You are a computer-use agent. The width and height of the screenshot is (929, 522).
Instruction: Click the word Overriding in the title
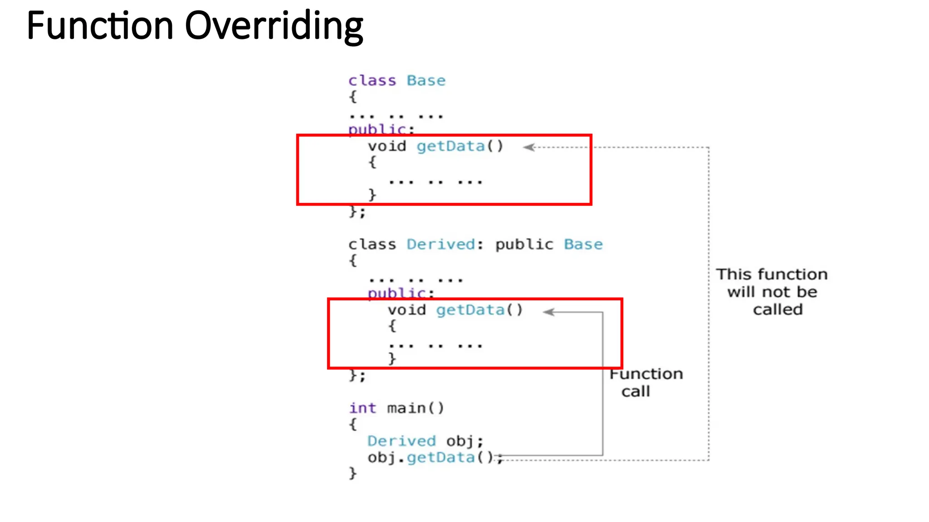[x=274, y=26]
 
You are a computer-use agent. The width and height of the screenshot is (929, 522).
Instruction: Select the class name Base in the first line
[x=426, y=81]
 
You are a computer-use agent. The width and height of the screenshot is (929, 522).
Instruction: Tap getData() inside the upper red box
[x=460, y=146]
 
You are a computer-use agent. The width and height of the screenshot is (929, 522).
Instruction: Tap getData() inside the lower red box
[x=479, y=310]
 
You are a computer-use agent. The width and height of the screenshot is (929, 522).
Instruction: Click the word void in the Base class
[x=387, y=146]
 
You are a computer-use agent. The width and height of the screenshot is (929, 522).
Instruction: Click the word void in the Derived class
[x=406, y=310]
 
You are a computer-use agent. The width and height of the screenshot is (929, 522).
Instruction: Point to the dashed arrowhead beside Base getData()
[x=529, y=147]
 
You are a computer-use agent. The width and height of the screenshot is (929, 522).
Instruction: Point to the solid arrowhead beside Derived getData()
[x=549, y=312]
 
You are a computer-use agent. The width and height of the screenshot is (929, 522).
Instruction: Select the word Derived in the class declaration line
[x=441, y=245]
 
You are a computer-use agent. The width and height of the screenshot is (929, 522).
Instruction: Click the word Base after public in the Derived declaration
[x=583, y=245]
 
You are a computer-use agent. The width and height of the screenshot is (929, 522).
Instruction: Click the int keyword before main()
[x=362, y=408]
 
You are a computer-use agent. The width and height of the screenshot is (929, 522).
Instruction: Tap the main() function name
[x=415, y=408]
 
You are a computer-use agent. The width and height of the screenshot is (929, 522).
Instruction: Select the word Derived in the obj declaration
[x=401, y=441]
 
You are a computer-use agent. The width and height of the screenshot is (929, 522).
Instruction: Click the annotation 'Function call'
[x=645, y=382]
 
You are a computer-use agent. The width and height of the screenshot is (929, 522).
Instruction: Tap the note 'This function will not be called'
[x=772, y=292]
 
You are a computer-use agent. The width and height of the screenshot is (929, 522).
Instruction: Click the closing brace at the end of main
[x=353, y=474]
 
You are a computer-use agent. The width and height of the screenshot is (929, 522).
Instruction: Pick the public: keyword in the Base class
[x=381, y=130]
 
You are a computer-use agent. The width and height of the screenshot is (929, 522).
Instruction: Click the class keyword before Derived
[x=372, y=245]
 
